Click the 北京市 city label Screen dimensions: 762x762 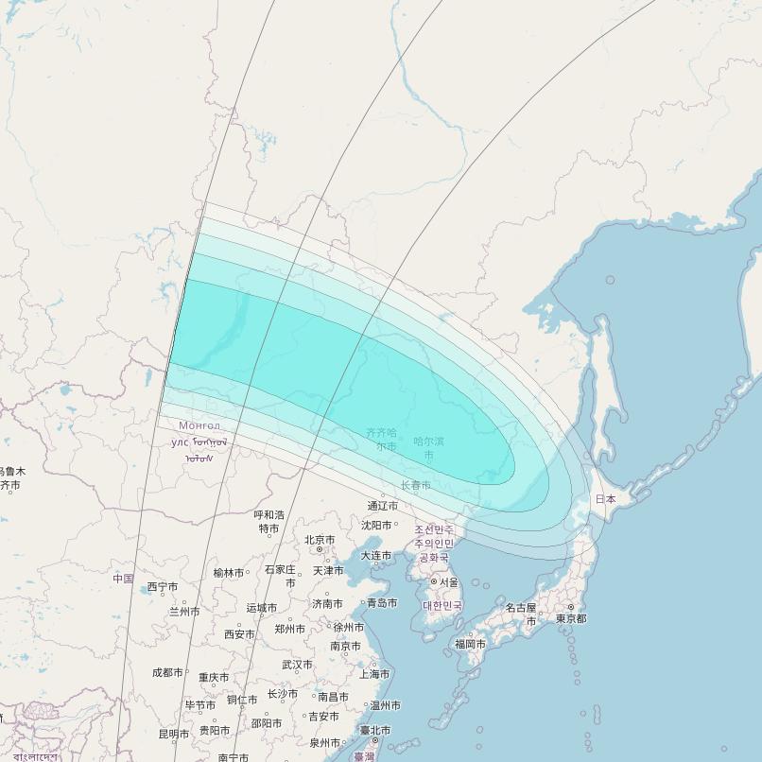320,540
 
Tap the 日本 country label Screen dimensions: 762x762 605,498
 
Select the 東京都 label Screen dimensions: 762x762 571,618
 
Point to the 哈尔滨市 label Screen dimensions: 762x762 428,447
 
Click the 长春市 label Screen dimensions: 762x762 415,485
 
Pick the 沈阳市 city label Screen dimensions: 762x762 376,525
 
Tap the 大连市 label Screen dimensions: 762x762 375,555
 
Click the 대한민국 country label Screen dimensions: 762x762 442,605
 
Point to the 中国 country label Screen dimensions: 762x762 123,578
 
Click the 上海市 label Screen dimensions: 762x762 374,674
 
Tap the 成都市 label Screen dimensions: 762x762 167,672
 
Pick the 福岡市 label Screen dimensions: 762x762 470,644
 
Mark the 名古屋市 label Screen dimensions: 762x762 521,614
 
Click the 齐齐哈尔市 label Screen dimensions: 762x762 382,439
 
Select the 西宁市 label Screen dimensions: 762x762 163,587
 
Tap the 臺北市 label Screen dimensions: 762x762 374,730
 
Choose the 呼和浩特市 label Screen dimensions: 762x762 269,521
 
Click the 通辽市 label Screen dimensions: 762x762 383,506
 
